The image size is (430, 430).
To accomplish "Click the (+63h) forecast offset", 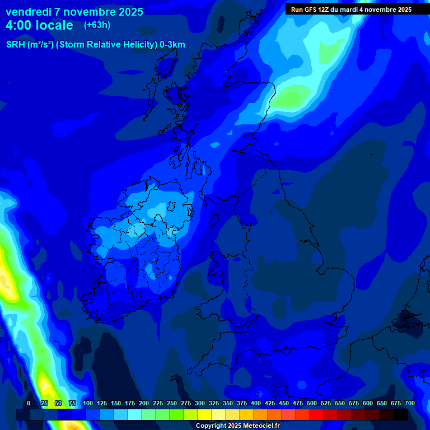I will tap(97, 25).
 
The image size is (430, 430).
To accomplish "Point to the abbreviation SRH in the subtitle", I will tap(15, 45).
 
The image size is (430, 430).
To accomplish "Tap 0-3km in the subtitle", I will tap(172, 45).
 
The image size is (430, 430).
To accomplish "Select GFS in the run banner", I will tap(311, 10).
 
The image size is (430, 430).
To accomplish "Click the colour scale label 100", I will tap(88, 403).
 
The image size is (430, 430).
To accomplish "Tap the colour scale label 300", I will tap(200, 403).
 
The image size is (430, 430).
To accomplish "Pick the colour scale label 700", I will tap(409, 403).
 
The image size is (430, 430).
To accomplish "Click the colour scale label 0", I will tap(29, 403).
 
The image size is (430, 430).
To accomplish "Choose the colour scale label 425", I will tap(270, 403).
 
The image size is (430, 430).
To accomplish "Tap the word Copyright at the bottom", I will tap(211, 426).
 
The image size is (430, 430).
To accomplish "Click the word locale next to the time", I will tap(54, 25).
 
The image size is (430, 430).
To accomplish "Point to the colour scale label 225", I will tap(158, 403).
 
